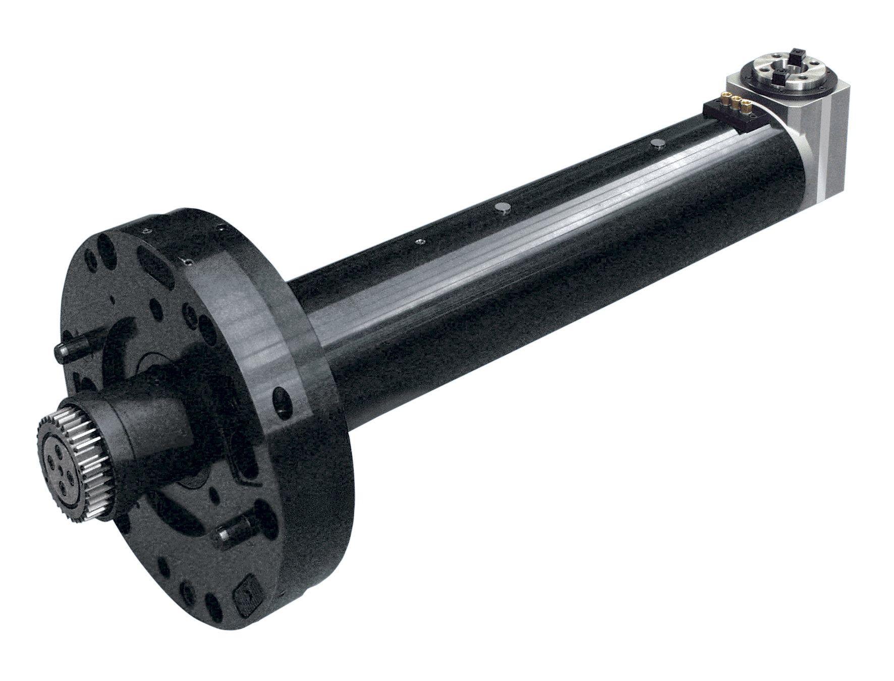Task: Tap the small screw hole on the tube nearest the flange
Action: [418, 242]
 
